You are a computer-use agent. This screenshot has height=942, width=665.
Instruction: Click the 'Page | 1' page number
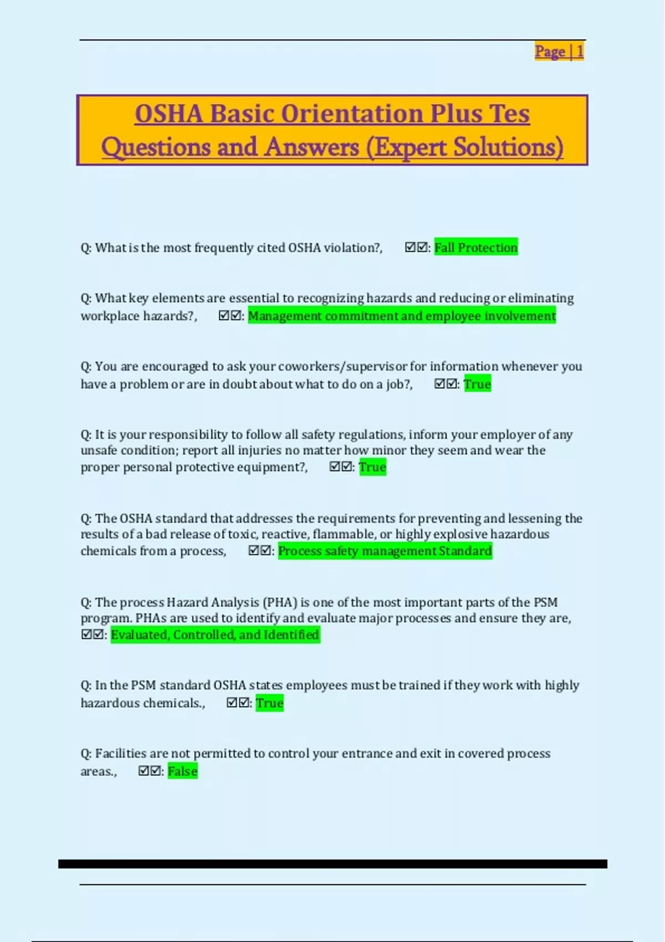(559, 52)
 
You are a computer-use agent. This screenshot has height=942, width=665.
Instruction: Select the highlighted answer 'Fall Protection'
(475, 248)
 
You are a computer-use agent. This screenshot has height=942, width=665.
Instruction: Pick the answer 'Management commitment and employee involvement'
(401, 316)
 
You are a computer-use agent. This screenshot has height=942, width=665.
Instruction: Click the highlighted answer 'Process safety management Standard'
(385, 551)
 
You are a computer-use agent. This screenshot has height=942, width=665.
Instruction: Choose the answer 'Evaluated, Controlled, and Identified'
(215, 634)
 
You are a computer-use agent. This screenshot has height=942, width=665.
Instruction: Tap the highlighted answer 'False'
(182, 771)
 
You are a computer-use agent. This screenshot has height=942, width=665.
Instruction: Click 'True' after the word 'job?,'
(477, 384)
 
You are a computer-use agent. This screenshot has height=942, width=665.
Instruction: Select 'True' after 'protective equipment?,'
(372, 467)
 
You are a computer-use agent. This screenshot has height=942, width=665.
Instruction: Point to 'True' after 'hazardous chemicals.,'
(269, 703)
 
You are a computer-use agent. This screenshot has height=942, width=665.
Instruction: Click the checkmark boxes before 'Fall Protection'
(416, 247)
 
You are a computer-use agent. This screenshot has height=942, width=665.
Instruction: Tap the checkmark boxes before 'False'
(150, 771)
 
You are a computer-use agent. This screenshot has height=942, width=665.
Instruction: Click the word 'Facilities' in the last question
(120, 754)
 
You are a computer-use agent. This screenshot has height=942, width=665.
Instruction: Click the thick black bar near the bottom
(332, 864)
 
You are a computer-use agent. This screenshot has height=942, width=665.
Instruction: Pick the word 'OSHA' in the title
(168, 114)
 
